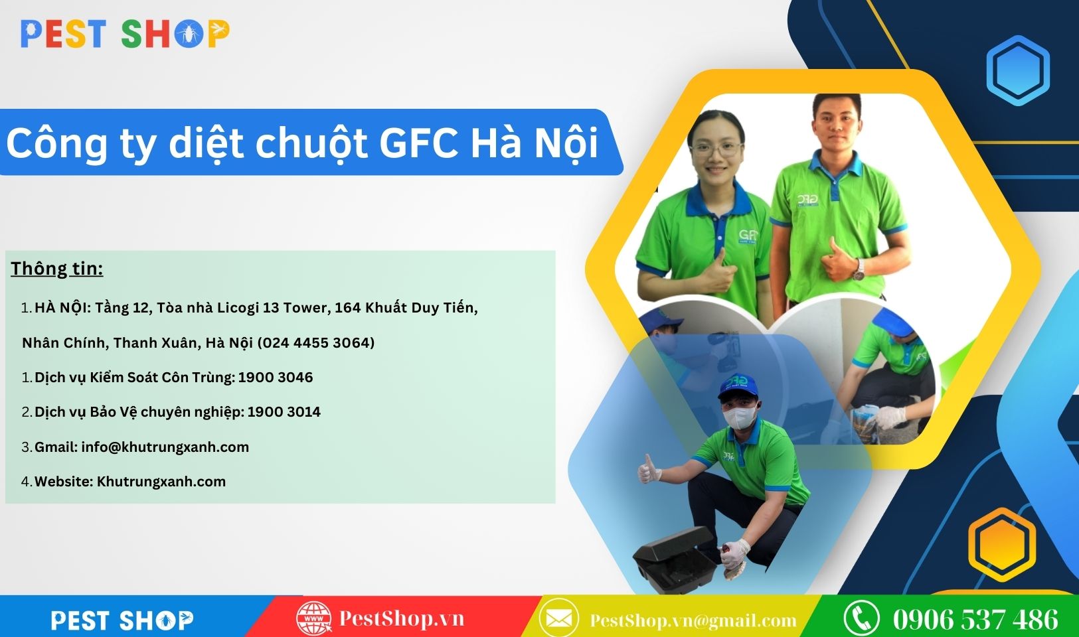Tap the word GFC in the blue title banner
[418, 143]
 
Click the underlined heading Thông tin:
[57, 269]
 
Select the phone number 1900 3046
[276, 377]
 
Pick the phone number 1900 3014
[284, 411]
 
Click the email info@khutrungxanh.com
[165, 447]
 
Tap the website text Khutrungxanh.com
[161, 482]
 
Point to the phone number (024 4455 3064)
[316, 342]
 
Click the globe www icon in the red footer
[313, 618]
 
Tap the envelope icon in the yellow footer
[559, 618]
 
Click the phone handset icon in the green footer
[863, 618]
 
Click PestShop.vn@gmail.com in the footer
[693, 620]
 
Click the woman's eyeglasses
[716, 149]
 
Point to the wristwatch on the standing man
[859, 271]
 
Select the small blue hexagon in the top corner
[1018, 70]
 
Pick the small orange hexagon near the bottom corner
[1002, 544]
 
